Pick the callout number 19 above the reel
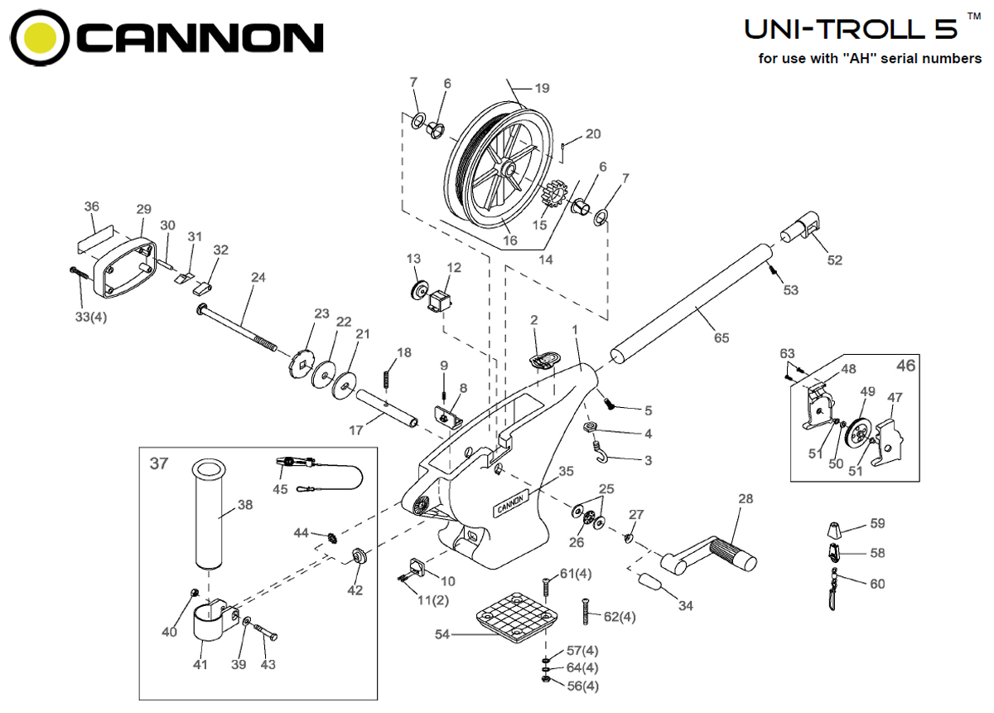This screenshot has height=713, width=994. click(543, 88)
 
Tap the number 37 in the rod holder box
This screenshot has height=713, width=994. click(158, 463)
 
